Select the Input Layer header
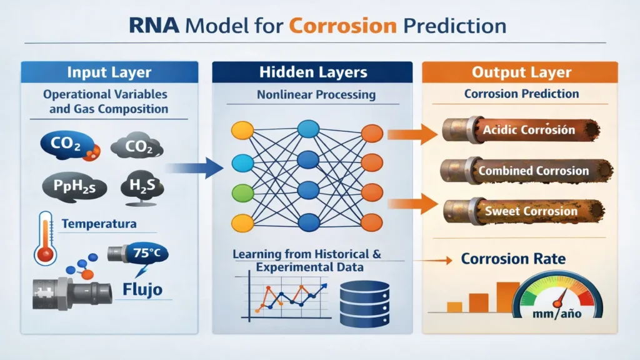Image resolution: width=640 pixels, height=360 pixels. click(x=109, y=72)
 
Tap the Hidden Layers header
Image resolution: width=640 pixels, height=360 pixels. click(x=313, y=72)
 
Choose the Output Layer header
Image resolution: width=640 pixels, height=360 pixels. click(x=521, y=72)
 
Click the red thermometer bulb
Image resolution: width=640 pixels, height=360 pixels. click(x=44, y=254)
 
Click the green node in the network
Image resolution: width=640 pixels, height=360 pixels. click(x=242, y=192)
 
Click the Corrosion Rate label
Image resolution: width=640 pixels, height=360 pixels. click(x=513, y=258)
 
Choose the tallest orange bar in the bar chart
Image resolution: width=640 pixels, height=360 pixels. click(x=507, y=296)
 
